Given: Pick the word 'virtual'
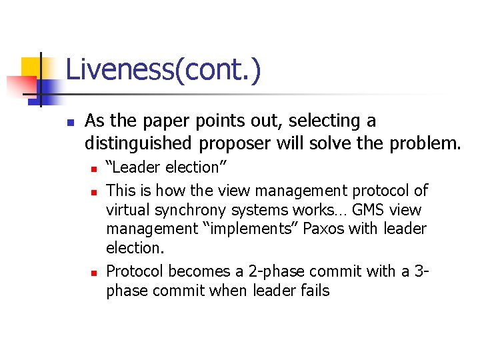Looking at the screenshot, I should (127, 211).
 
